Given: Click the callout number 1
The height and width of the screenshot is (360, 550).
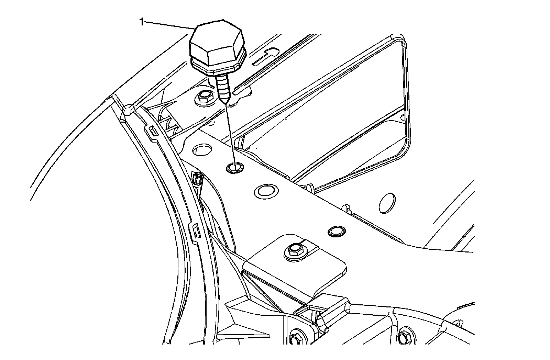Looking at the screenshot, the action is [x=141, y=22].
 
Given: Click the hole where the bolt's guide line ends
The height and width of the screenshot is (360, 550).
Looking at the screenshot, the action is [x=235, y=168].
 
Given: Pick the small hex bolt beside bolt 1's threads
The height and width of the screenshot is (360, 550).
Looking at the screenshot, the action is [x=204, y=97].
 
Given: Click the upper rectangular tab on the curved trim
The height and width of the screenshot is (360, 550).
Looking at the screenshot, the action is [x=151, y=131].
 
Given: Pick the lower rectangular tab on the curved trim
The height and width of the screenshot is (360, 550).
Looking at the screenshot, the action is [x=195, y=230].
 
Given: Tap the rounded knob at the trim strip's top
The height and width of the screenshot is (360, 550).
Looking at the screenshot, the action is [x=128, y=110].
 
